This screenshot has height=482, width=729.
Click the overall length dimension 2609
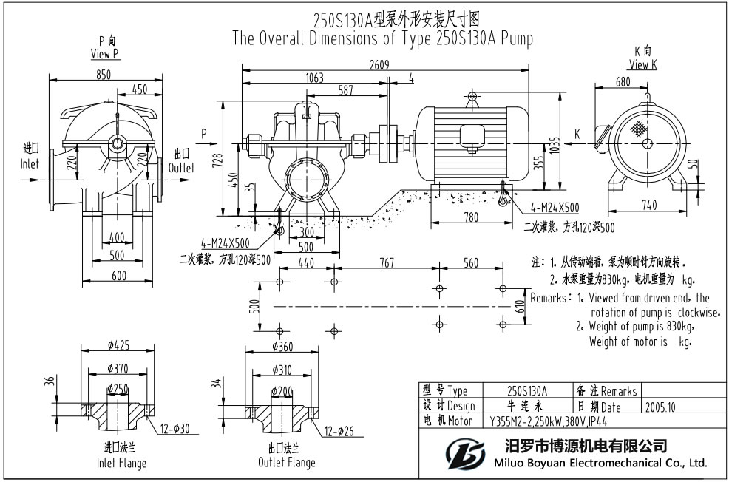(380, 64)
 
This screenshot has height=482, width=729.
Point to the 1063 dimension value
(314, 77)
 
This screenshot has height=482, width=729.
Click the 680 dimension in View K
(623, 82)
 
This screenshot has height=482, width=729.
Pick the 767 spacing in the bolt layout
(387, 263)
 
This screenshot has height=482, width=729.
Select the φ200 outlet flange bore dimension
(282, 390)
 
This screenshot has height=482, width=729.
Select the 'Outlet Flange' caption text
(286, 462)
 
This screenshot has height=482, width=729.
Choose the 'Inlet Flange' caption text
(121, 463)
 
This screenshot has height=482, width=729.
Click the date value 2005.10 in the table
(660, 407)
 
